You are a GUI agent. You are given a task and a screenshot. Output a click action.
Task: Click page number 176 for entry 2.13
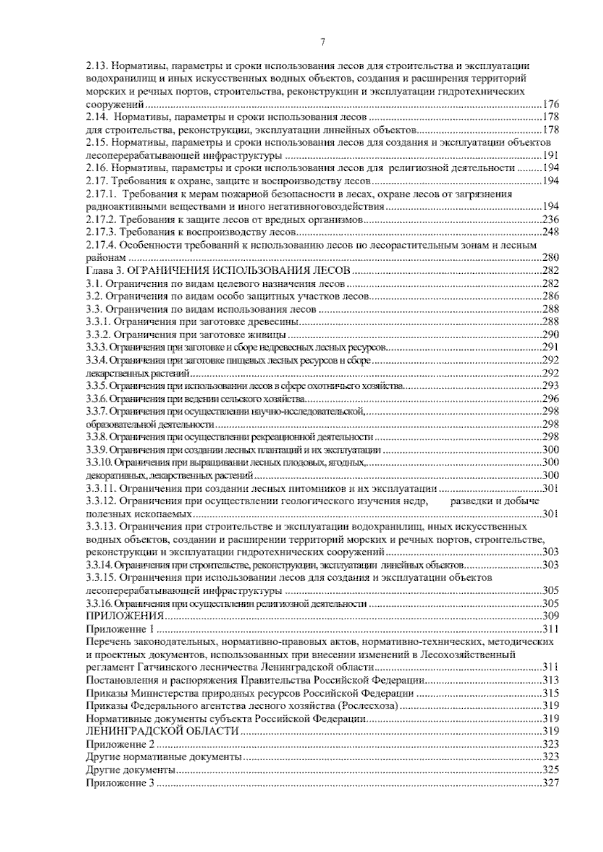[551, 104]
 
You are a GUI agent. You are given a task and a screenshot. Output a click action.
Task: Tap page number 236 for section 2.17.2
[551, 219]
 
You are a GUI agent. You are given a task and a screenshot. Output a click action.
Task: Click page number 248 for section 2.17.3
[551, 232]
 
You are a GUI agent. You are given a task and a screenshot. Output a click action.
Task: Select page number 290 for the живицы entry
[551, 334]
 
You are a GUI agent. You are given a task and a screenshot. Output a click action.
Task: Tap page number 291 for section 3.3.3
[551, 347]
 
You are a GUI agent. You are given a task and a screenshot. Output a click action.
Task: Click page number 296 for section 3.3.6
[551, 399]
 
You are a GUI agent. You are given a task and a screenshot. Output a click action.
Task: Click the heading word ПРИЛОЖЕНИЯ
[125, 616]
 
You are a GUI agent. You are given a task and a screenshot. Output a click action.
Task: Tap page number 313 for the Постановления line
[551, 680]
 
